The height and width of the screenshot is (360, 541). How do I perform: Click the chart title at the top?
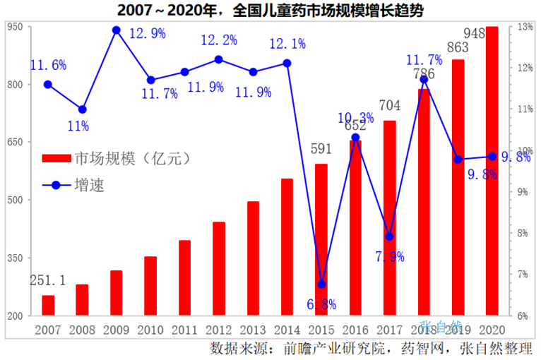point(270,10)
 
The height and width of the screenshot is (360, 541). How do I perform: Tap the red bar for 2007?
point(48,305)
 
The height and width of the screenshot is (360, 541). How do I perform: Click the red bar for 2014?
point(287,247)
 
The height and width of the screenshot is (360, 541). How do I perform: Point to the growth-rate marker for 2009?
point(117,30)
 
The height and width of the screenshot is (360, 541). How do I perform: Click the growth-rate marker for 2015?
point(321,284)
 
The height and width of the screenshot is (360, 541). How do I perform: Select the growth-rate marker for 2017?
point(390,236)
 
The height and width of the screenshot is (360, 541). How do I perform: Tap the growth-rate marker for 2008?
point(82,109)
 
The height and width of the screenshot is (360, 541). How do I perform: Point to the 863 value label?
point(458,49)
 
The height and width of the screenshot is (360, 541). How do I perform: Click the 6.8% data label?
point(322,304)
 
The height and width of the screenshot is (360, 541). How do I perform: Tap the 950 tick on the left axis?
point(16,27)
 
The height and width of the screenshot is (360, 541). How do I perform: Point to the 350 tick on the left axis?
point(16,258)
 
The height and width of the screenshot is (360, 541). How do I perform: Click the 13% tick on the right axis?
point(524,27)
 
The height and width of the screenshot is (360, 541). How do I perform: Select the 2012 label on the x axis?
point(218,329)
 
